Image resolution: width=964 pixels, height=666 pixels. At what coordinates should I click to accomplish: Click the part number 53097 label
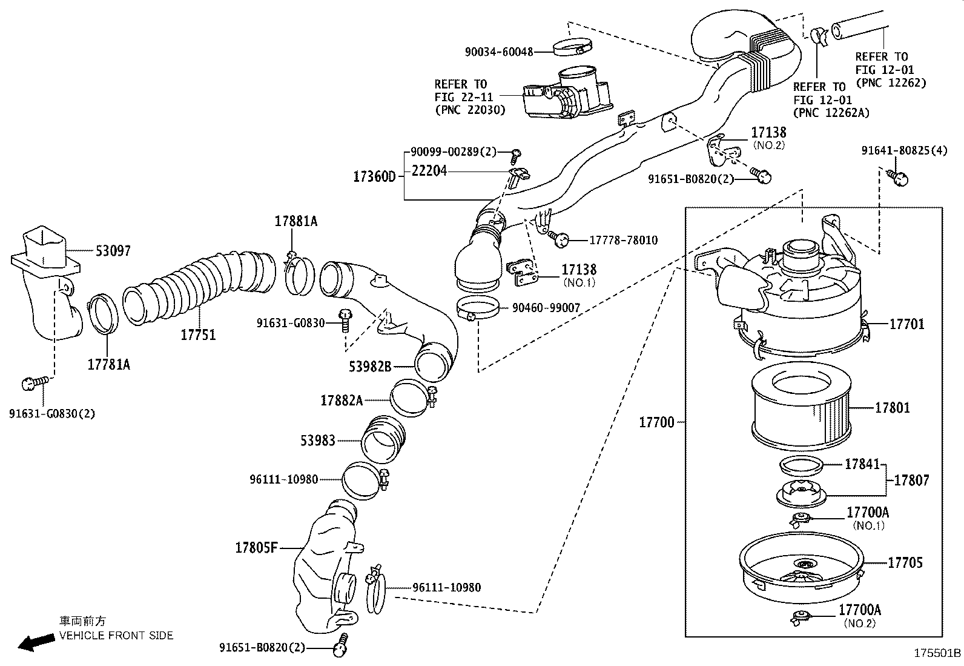coord(113,251)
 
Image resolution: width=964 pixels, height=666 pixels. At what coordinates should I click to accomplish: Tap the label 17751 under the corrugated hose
coord(198,335)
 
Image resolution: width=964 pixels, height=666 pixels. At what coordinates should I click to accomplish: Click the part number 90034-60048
coord(499,52)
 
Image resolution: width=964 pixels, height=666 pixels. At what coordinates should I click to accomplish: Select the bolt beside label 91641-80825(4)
coord(899,178)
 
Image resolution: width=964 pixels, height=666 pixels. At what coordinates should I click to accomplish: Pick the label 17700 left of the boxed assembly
coord(656,422)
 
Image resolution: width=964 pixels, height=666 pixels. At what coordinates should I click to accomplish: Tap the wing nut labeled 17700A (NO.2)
coord(801,618)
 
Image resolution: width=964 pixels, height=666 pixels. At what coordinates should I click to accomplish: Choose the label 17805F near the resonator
coord(256,548)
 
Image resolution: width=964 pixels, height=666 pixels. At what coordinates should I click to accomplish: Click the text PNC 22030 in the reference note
coord(470,110)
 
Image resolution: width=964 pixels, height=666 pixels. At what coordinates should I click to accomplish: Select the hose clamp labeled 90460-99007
coord(477,308)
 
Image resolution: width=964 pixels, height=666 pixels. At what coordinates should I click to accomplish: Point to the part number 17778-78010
coord(623,241)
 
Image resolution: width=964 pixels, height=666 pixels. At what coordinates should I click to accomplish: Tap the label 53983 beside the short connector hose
coord(318,441)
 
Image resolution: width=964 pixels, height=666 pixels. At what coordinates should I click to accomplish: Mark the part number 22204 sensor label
coord(429,171)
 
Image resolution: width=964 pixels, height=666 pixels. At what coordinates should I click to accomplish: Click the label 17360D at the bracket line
coord(374,177)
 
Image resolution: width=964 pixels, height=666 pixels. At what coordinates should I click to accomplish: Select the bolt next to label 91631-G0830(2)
coord(33,383)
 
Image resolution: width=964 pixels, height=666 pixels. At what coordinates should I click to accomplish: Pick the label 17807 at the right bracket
coord(911,480)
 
